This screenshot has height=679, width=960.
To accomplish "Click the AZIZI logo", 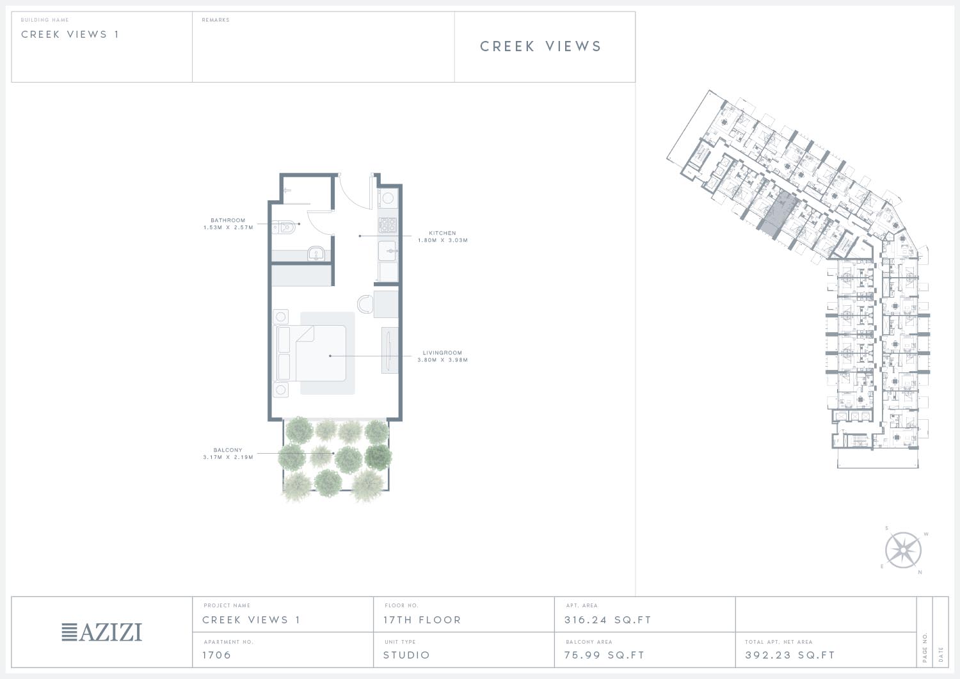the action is click(x=102, y=632).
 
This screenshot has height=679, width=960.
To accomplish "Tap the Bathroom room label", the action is click(x=228, y=220).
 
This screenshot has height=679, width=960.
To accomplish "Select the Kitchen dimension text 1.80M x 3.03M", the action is click(x=443, y=241).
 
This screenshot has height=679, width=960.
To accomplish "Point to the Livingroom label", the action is click(x=443, y=353).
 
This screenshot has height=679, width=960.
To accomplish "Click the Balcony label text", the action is click(x=228, y=450).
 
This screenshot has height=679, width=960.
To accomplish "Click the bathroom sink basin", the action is click(x=316, y=254).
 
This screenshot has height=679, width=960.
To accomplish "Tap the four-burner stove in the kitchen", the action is click(x=387, y=225).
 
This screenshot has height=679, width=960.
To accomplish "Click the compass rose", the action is click(x=903, y=550).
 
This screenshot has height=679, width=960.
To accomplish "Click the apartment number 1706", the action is click(x=217, y=655).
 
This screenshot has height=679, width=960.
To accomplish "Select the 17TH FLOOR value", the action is click(x=422, y=620).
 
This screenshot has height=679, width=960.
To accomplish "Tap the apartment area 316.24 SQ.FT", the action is click(x=608, y=620).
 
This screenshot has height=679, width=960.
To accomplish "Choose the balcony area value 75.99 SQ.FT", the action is click(x=604, y=655).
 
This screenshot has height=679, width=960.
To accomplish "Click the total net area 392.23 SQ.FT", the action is click(x=790, y=655).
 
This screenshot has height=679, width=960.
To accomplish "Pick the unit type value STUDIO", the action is click(x=406, y=655).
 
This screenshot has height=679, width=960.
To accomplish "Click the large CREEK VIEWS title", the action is click(x=541, y=46).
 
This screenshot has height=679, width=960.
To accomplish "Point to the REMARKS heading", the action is click(x=216, y=20).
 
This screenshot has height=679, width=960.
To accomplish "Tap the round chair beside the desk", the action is click(x=365, y=305).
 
